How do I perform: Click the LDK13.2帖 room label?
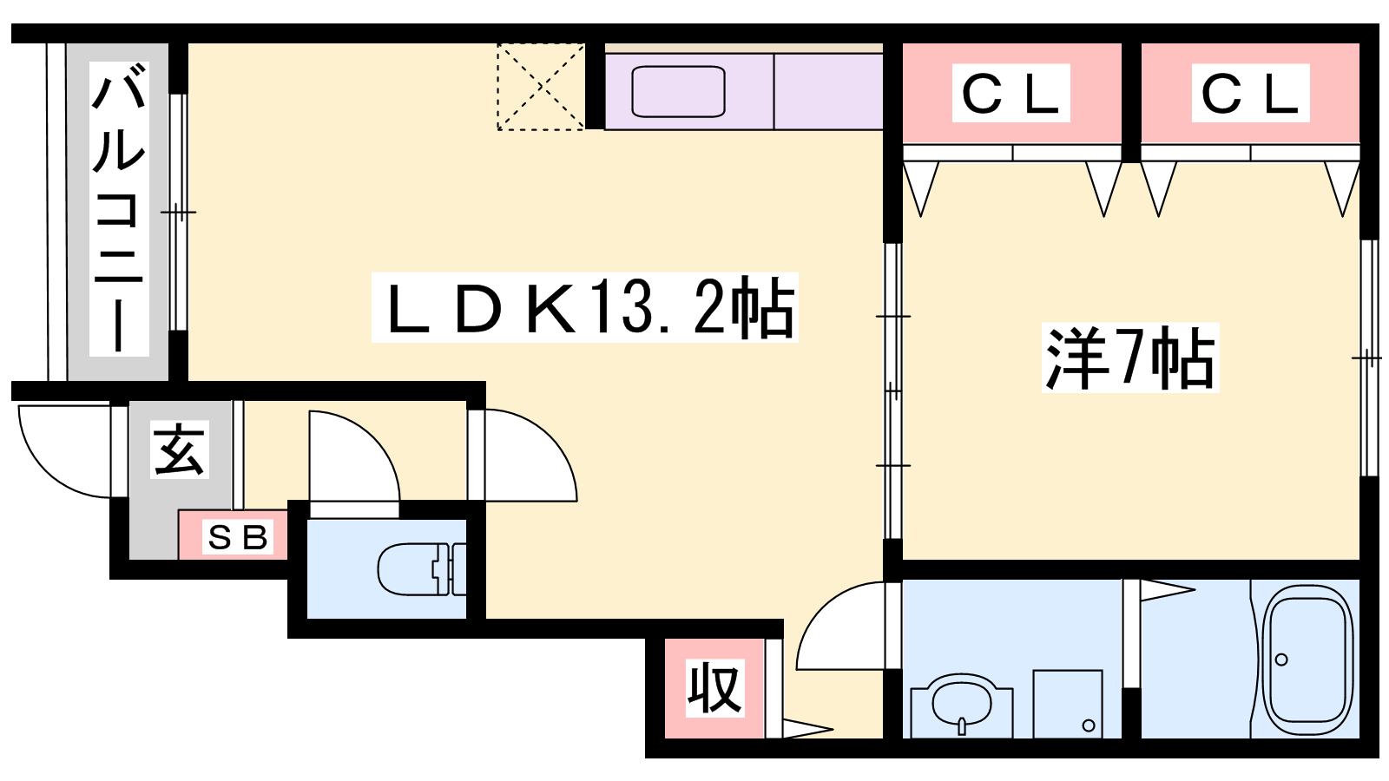[x=585, y=307]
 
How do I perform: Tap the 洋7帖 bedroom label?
[x=1129, y=358]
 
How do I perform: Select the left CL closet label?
[x=1010, y=93]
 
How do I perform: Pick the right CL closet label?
[x=1250, y=93]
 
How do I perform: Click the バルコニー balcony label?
[x=119, y=209]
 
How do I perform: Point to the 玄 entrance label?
[x=179, y=450]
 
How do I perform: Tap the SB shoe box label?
[x=238, y=537]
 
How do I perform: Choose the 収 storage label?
[x=714, y=687]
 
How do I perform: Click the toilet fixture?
[x=421, y=569]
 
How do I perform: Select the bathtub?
[x=1307, y=659]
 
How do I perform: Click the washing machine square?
[x=1068, y=704]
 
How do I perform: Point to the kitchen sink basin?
[x=678, y=92]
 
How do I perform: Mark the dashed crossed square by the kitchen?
[x=541, y=87]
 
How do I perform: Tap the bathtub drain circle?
[x=1281, y=660]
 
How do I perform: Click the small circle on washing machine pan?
[x=1089, y=725]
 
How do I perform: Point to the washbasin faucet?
[x=962, y=725]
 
